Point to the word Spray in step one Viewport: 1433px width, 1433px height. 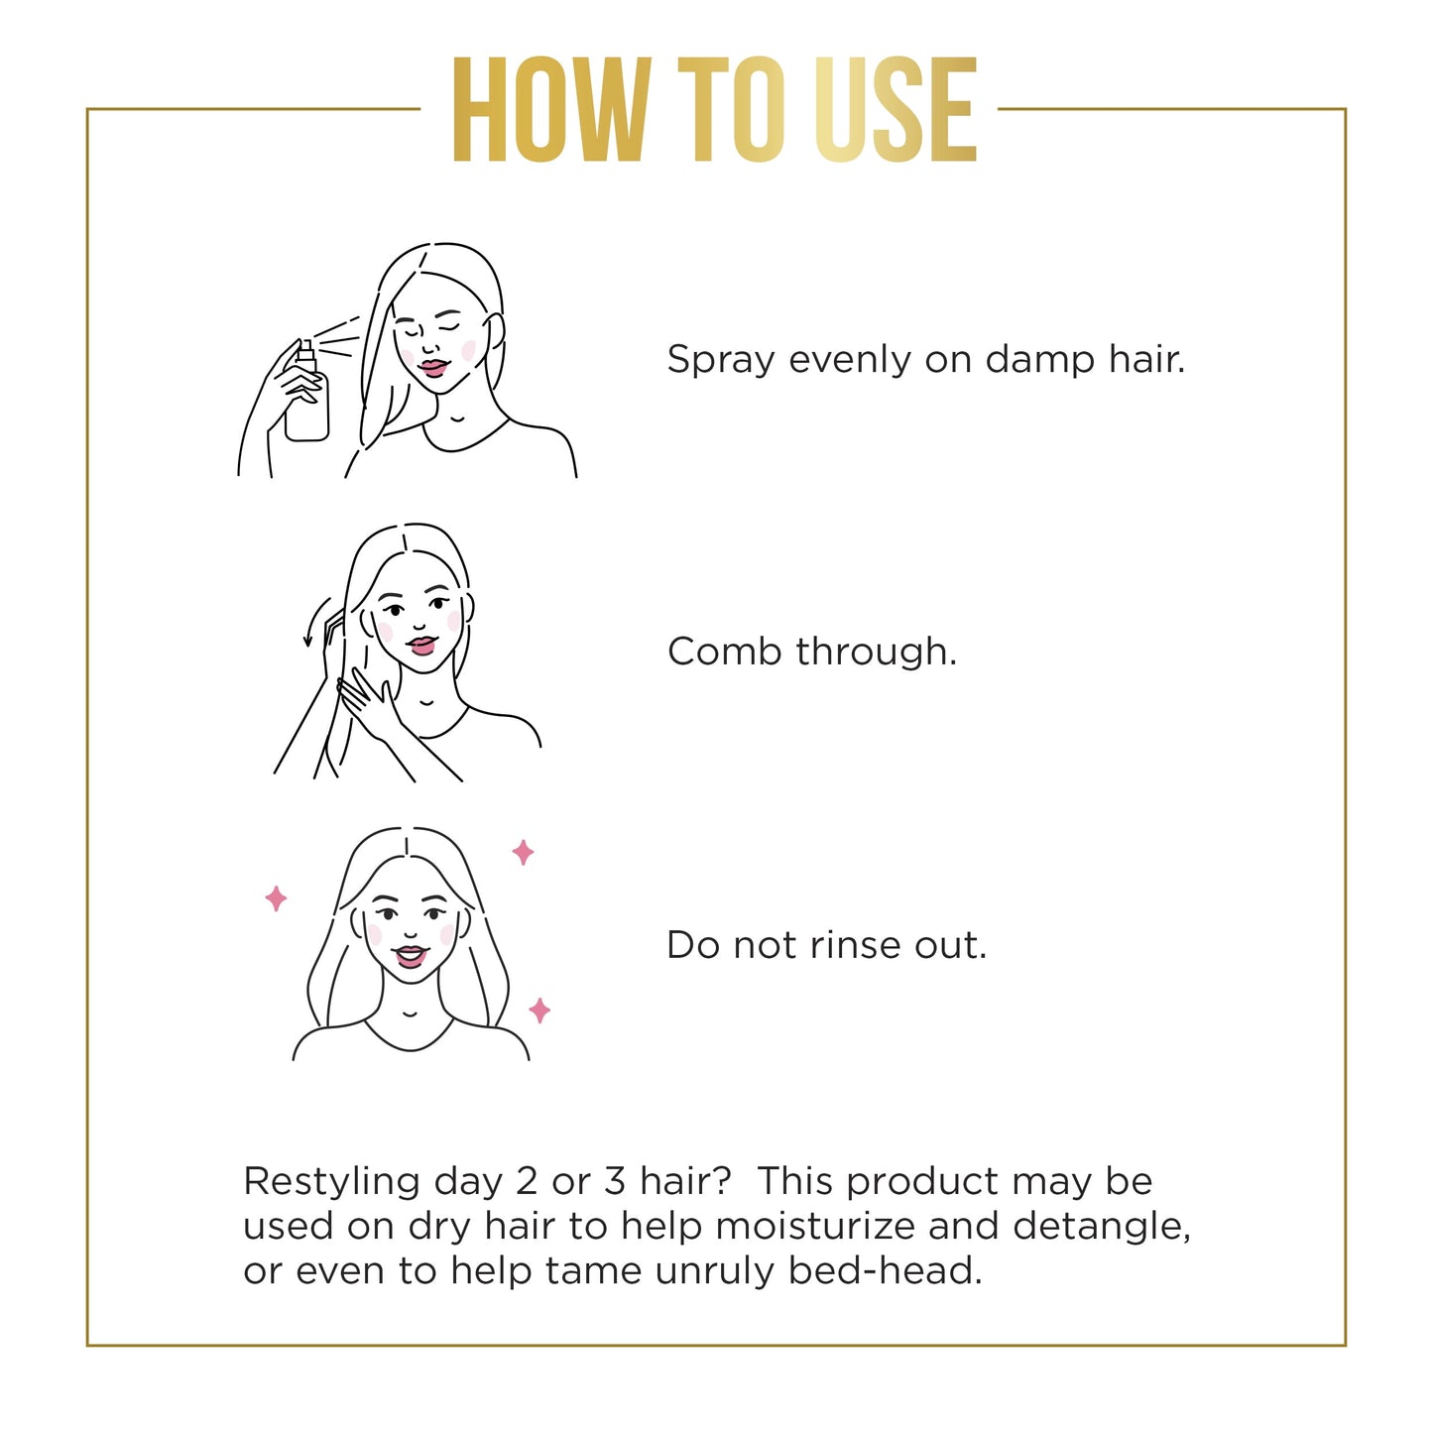[x=720, y=360]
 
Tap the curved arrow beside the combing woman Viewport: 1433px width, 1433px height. [x=315, y=621]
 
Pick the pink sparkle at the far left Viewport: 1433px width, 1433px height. [x=277, y=898]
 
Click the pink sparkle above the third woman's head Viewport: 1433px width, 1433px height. [x=523, y=852]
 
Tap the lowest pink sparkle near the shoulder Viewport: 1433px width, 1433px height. [x=539, y=1011]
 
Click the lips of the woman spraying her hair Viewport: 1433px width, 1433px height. [x=433, y=368]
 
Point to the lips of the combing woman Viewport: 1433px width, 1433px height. [x=421, y=646]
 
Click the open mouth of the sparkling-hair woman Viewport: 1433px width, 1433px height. [x=410, y=957]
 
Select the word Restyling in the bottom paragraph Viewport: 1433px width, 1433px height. [x=331, y=1182]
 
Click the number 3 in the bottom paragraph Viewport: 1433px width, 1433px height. [x=615, y=1181]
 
